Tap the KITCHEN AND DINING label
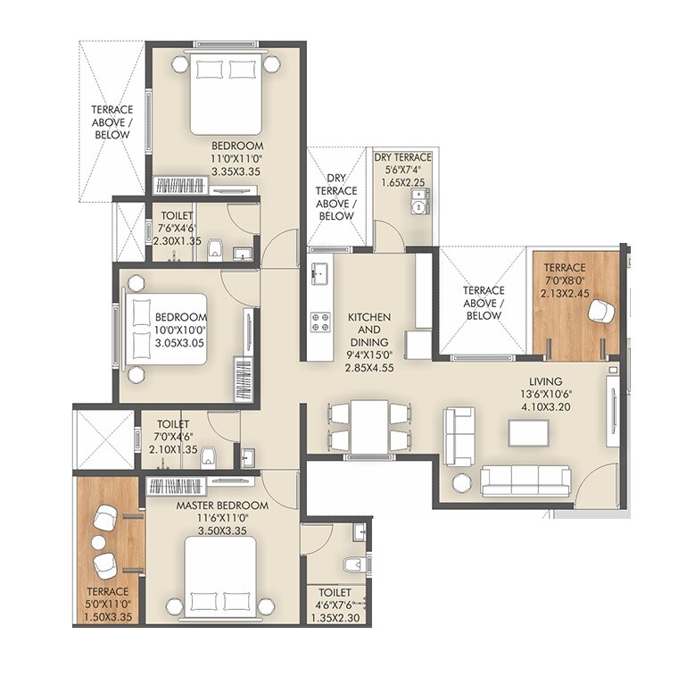point(368,330)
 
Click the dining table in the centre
point(368,426)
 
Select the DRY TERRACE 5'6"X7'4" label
point(402,158)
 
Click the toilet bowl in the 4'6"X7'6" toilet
point(352,564)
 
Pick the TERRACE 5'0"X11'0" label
point(107,591)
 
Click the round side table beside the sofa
point(462,483)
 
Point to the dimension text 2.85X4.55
point(368,367)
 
